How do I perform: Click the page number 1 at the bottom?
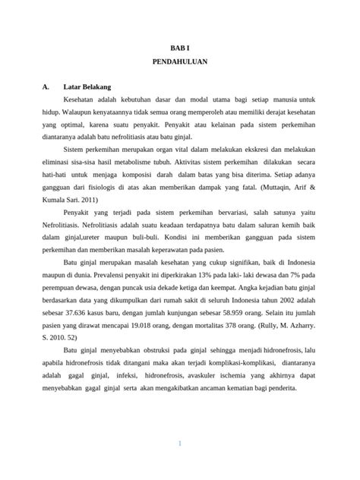pyautogui.click(x=180, y=444)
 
